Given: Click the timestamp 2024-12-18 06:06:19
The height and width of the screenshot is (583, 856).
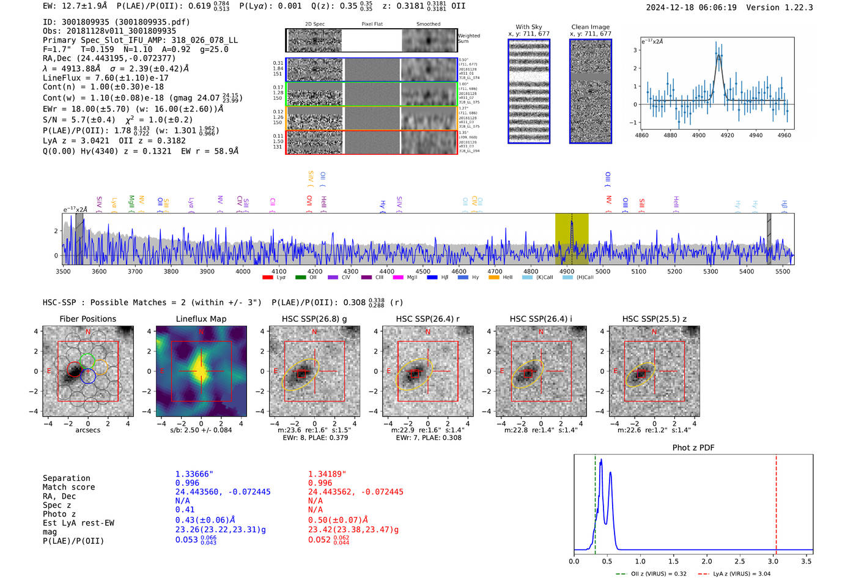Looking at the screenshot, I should click(x=691, y=7).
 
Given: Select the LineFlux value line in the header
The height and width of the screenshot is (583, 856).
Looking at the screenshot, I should click(x=105, y=78).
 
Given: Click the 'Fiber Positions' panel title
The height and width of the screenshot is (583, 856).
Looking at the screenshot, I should click(x=87, y=319).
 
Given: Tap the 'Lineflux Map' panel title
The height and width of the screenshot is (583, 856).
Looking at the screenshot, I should click(x=201, y=319).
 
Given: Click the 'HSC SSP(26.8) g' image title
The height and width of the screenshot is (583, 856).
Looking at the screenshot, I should click(x=314, y=319).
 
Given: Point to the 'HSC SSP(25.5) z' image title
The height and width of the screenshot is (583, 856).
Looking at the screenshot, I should click(x=654, y=319).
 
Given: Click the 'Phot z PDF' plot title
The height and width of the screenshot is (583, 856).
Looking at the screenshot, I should click(x=693, y=447).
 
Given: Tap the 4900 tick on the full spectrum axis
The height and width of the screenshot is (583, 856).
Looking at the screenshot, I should click(x=567, y=271).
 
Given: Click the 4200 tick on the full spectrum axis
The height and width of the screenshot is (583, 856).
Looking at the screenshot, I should click(x=315, y=271).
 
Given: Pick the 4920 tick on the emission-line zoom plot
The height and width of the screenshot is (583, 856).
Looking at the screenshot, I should click(x=727, y=135).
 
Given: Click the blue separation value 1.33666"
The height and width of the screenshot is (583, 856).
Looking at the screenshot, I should click(x=194, y=474).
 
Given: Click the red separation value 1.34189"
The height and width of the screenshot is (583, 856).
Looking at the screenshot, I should click(x=327, y=474).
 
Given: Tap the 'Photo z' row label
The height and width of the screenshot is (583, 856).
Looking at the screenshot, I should click(x=59, y=514).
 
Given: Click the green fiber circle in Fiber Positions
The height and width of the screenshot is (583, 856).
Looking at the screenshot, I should click(x=87, y=360).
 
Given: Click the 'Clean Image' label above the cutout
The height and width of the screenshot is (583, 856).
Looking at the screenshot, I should click(x=590, y=27).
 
